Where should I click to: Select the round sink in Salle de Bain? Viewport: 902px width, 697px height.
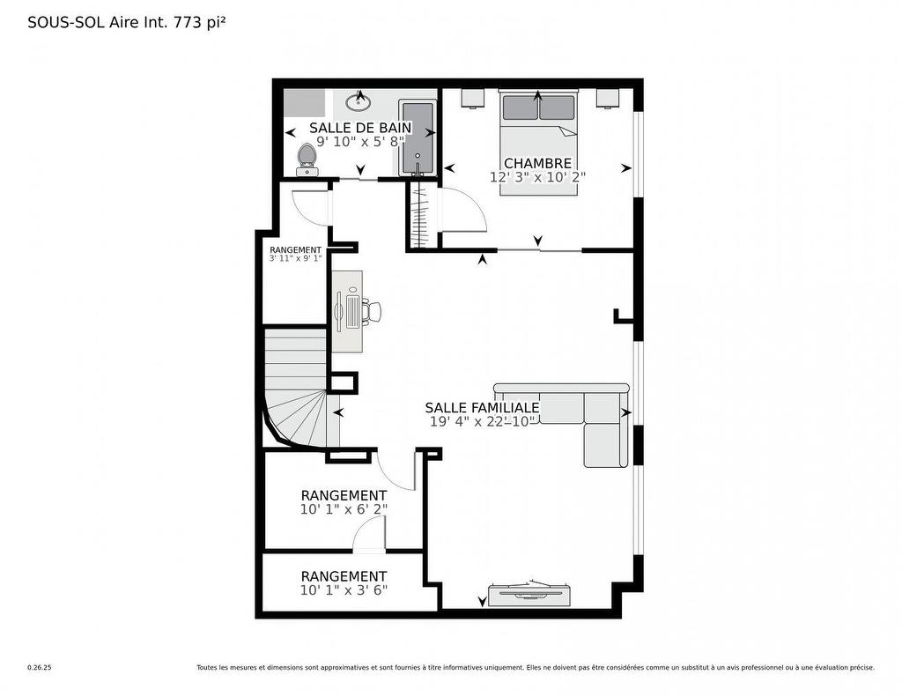coord(359,102)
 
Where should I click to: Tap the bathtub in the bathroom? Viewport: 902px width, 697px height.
coord(417,139)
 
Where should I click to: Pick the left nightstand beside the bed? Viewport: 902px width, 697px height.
coord(472,98)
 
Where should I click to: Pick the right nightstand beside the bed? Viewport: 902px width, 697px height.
coord(608,98)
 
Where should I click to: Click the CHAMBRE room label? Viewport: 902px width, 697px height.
coord(537,163)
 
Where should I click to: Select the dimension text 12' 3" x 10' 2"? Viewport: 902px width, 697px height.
coord(537,177)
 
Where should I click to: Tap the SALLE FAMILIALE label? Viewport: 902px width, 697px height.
coord(482,407)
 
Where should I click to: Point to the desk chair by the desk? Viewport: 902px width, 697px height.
coord(373,311)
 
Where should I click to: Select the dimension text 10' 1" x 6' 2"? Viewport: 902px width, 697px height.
coord(344,509)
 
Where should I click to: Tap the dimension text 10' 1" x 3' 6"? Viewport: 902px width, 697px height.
coord(344,590)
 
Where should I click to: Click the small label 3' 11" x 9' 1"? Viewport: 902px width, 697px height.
coord(295,259)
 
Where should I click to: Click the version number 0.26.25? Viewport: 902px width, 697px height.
coord(40,668)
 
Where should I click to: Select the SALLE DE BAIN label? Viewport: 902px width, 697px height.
coord(360,128)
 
